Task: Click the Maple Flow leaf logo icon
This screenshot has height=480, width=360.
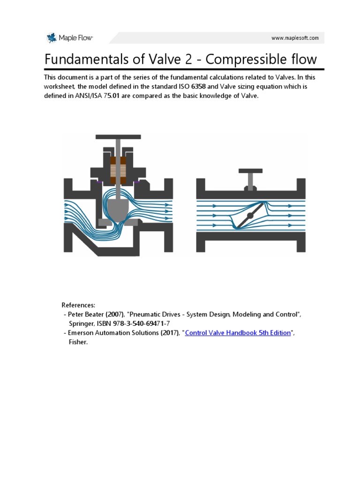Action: coord(51,38)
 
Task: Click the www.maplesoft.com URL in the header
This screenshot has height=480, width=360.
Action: coord(295,38)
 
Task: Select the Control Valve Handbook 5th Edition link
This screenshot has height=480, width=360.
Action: coord(238,333)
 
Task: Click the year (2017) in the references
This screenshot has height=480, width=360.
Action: coord(167,333)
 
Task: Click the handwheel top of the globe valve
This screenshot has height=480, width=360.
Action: coord(118,137)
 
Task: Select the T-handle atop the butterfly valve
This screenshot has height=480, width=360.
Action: coord(251,172)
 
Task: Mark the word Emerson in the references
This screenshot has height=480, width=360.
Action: coord(81,333)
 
